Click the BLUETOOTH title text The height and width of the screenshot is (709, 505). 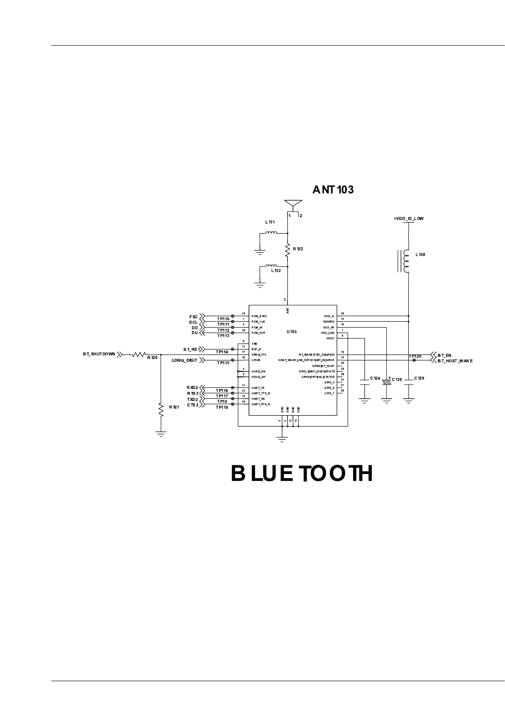(x=302, y=474)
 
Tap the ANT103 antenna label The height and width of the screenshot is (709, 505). (x=333, y=190)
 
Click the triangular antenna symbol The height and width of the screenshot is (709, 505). (x=292, y=204)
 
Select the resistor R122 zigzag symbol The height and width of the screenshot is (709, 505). (x=287, y=250)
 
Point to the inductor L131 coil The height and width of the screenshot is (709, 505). (x=271, y=233)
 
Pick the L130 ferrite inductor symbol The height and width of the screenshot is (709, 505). (x=405, y=261)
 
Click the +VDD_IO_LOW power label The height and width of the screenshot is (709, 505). (x=409, y=219)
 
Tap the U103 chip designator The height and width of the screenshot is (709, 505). (x=292, y=332)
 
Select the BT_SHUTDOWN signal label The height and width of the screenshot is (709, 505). (x=99, y=354)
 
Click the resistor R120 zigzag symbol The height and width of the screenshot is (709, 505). (x=139, y=354)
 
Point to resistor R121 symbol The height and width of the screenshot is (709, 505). (x=161, y=409)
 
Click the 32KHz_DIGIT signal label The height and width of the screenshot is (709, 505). (x=184, y=360)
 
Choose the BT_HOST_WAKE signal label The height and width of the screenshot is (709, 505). (x=455, y=360)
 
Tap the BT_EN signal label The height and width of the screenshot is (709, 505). (x=444, y=354)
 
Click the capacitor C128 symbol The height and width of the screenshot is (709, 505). (x=364, y=382)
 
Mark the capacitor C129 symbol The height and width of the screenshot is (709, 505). (x=409, y=382)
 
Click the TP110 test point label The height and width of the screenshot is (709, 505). (x=223, y=319)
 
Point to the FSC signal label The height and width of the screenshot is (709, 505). (x=193, y=317)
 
